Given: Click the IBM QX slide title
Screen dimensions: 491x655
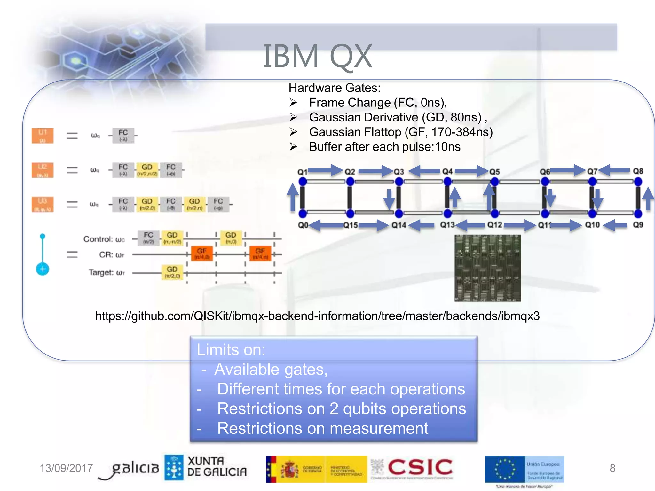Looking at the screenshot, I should click(317, 57).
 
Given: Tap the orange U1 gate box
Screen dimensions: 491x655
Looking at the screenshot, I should click(43, 136).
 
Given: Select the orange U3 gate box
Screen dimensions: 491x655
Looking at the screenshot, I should click(43, 204).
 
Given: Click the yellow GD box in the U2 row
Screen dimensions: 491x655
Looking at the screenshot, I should click(147, 170).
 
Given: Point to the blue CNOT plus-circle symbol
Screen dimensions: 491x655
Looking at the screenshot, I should click(43, 269).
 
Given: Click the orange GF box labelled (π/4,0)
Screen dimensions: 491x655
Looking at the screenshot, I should click(202, 253).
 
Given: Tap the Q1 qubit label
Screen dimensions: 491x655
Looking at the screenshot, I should click(302, 172).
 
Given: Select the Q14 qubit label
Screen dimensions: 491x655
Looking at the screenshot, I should click(399, 225).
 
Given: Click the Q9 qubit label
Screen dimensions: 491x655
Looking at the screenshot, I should click(638, 225).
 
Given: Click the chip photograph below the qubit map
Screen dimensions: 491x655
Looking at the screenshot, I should click(488, 268).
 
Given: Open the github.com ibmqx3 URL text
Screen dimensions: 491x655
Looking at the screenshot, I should click(317, 316).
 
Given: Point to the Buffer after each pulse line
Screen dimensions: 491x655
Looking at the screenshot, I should click(384, 147).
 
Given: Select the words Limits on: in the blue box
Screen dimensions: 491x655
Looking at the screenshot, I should click(231, 350).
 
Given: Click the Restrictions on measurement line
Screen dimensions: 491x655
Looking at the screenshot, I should click(322, 428).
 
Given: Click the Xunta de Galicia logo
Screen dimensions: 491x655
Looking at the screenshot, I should click(206, 467).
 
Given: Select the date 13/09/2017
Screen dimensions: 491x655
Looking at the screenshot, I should click(66, 468).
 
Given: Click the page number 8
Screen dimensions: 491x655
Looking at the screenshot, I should click(612, 468).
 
